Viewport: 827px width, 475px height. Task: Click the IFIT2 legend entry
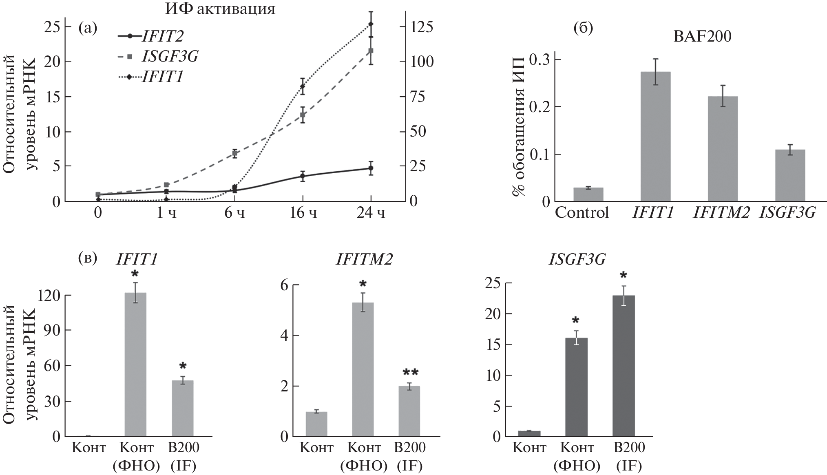pos(162,36)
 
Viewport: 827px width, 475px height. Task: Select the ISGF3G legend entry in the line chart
pos(170,57)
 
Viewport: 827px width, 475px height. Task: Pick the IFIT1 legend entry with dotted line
pos(161,77)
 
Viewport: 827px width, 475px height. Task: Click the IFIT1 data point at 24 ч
pos(371,24)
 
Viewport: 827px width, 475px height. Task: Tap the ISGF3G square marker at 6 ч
pos(235,153)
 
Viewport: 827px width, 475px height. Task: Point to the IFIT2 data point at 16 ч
pos(303,176)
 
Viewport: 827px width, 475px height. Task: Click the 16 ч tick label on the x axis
pos(303,213)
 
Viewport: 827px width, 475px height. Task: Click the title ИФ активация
pos(220,9)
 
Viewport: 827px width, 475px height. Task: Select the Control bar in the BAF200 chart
pos(588,194)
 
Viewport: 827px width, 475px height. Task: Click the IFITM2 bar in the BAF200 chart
pos(723,149)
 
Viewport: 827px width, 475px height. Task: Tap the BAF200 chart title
pos(702,37)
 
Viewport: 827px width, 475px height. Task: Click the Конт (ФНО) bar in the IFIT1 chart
pos(135,365)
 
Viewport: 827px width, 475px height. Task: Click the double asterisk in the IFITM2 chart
pos(410,373)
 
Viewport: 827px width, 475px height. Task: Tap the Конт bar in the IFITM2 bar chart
pos(316,424)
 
